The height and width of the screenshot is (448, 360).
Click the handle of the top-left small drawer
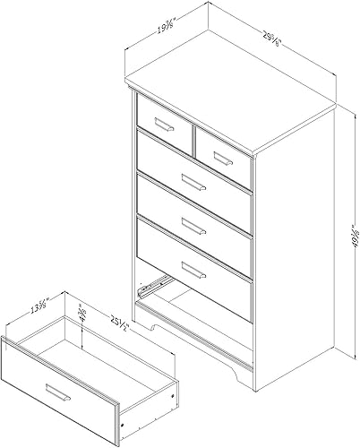point(163,124)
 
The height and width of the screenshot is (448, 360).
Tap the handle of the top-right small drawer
point(221,159)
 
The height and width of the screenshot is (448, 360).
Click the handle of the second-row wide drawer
point(194,184)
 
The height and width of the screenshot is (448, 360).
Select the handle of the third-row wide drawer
point(194,225)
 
